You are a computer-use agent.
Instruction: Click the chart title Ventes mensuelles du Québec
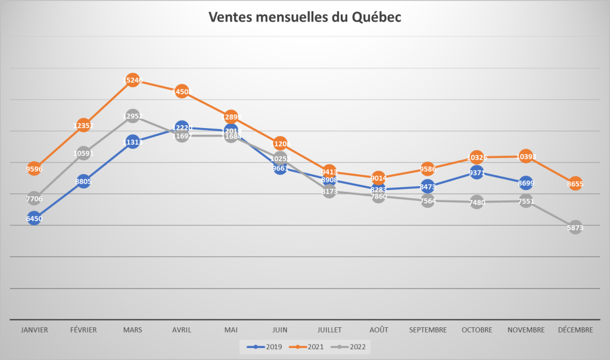tap(304, 17)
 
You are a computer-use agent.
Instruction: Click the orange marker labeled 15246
tap(132, 80)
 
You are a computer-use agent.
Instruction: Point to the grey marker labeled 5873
tap(575, 227)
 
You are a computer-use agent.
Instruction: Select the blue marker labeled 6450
tap(34, 219)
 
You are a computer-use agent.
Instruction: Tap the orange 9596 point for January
tap(34, 169)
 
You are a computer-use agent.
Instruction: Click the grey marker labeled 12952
tap(132, 116)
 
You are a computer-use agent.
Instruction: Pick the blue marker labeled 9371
tap(476, 173)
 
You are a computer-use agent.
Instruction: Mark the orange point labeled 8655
tap(575, 184)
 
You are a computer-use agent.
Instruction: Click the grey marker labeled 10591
tap(83, 153)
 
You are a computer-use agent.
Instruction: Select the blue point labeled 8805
tap(83, 181)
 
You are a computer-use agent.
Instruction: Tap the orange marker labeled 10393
tap(525, 157)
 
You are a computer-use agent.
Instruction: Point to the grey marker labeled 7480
tap(476, 202)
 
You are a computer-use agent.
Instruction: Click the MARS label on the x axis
tap(132, 330)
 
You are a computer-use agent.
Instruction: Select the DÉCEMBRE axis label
tap(575, 330)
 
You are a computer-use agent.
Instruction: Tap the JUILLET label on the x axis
tap(329, 330)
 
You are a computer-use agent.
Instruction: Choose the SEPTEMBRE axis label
tap(427, 330)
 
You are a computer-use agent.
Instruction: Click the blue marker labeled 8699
tap(525, 183)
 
